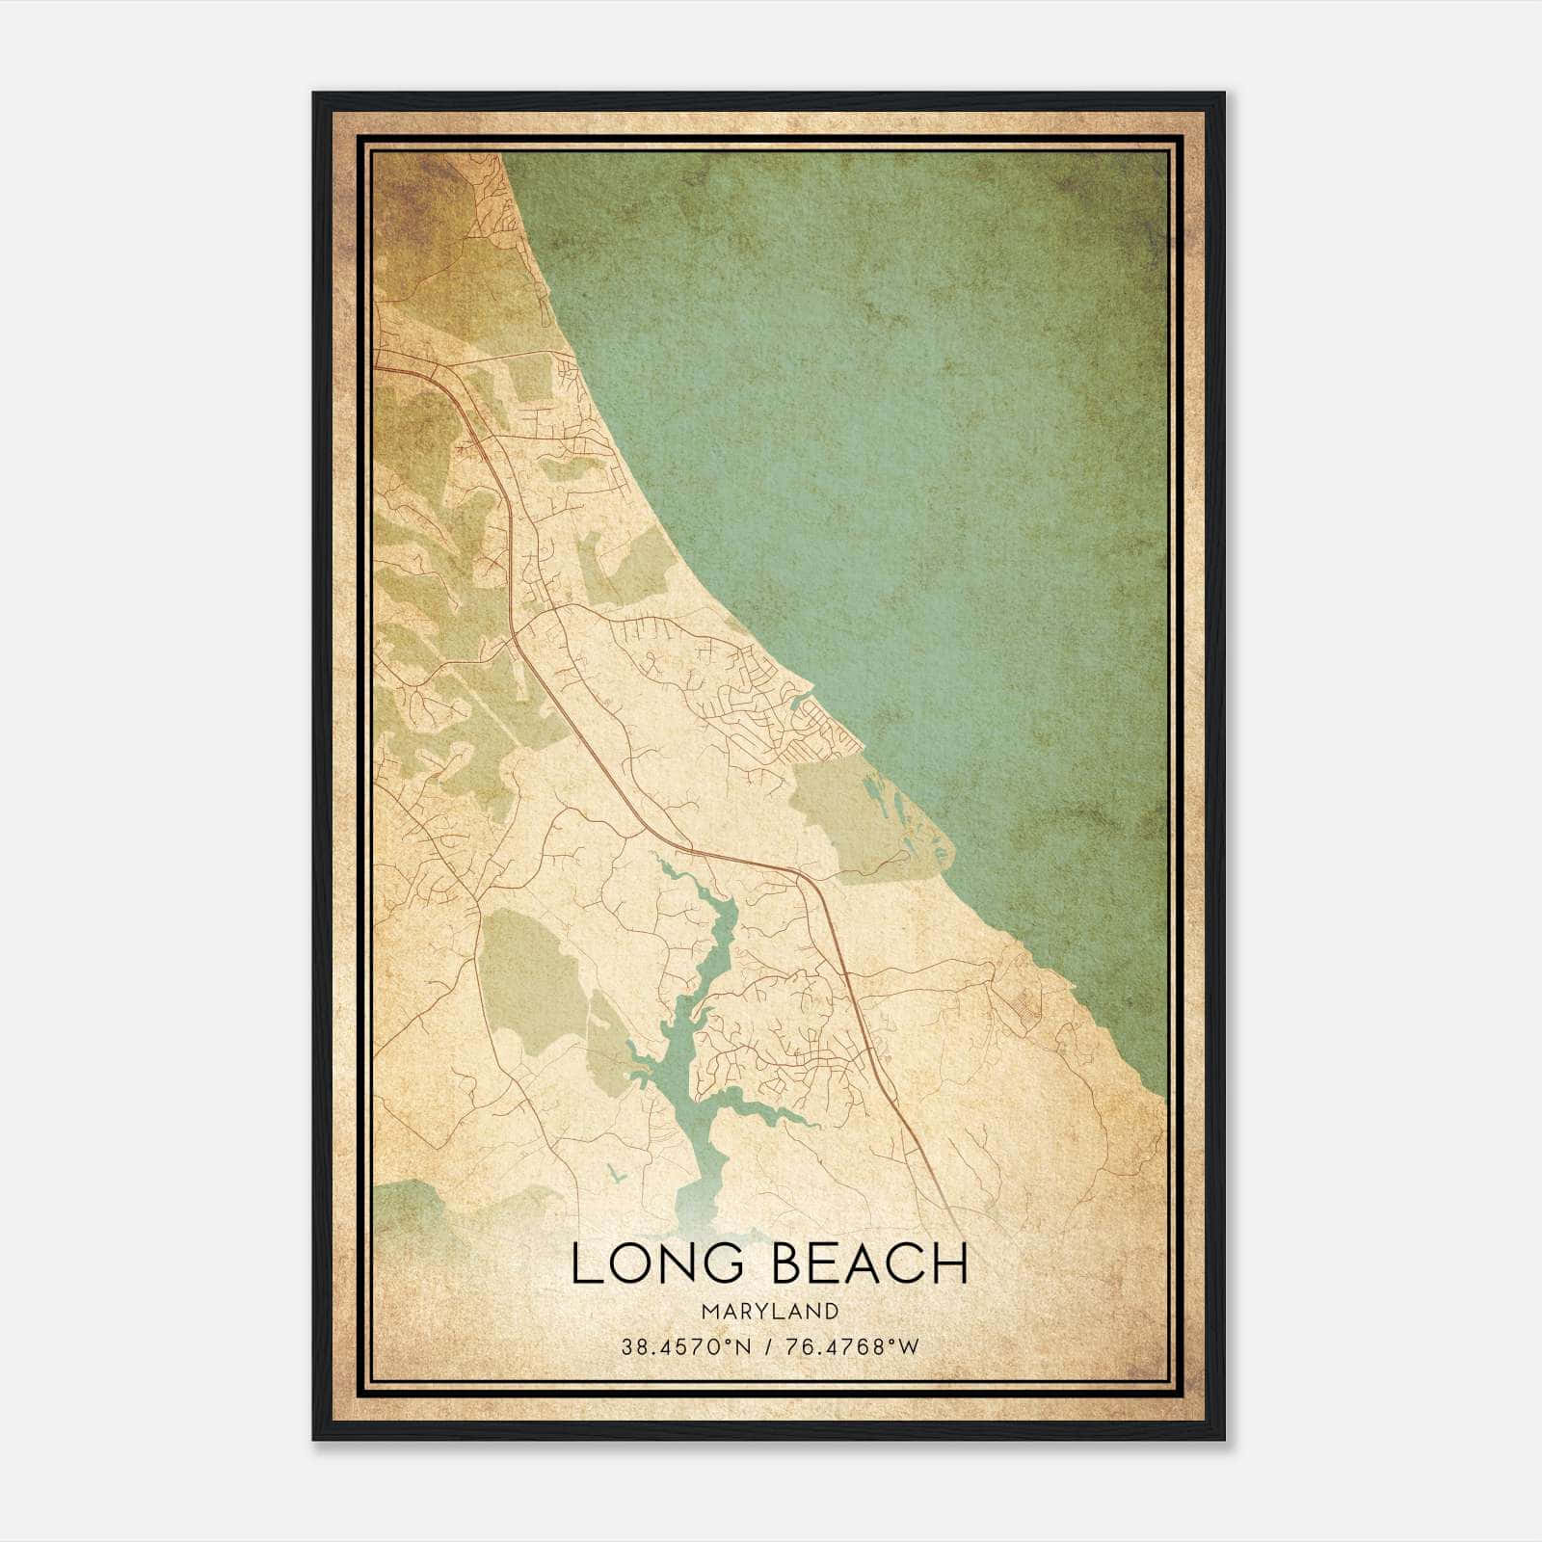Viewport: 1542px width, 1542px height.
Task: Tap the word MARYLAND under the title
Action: pos(769,1312)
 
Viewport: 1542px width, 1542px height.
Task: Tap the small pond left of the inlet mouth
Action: pos(614,1173)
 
